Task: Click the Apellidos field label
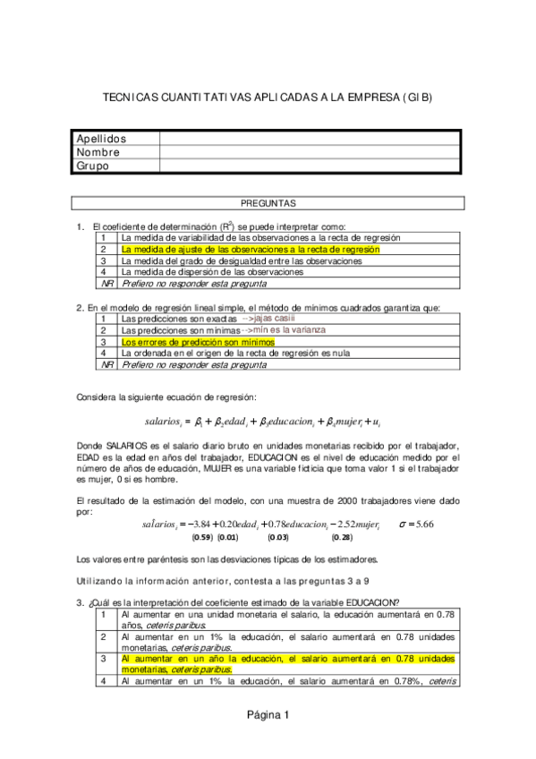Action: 101,139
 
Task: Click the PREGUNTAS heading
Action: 268,203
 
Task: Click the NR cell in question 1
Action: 106,284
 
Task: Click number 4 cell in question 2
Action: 105,354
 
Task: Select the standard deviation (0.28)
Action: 342,538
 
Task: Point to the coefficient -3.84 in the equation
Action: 196,524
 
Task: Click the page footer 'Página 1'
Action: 268,714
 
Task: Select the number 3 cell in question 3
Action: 105,663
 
